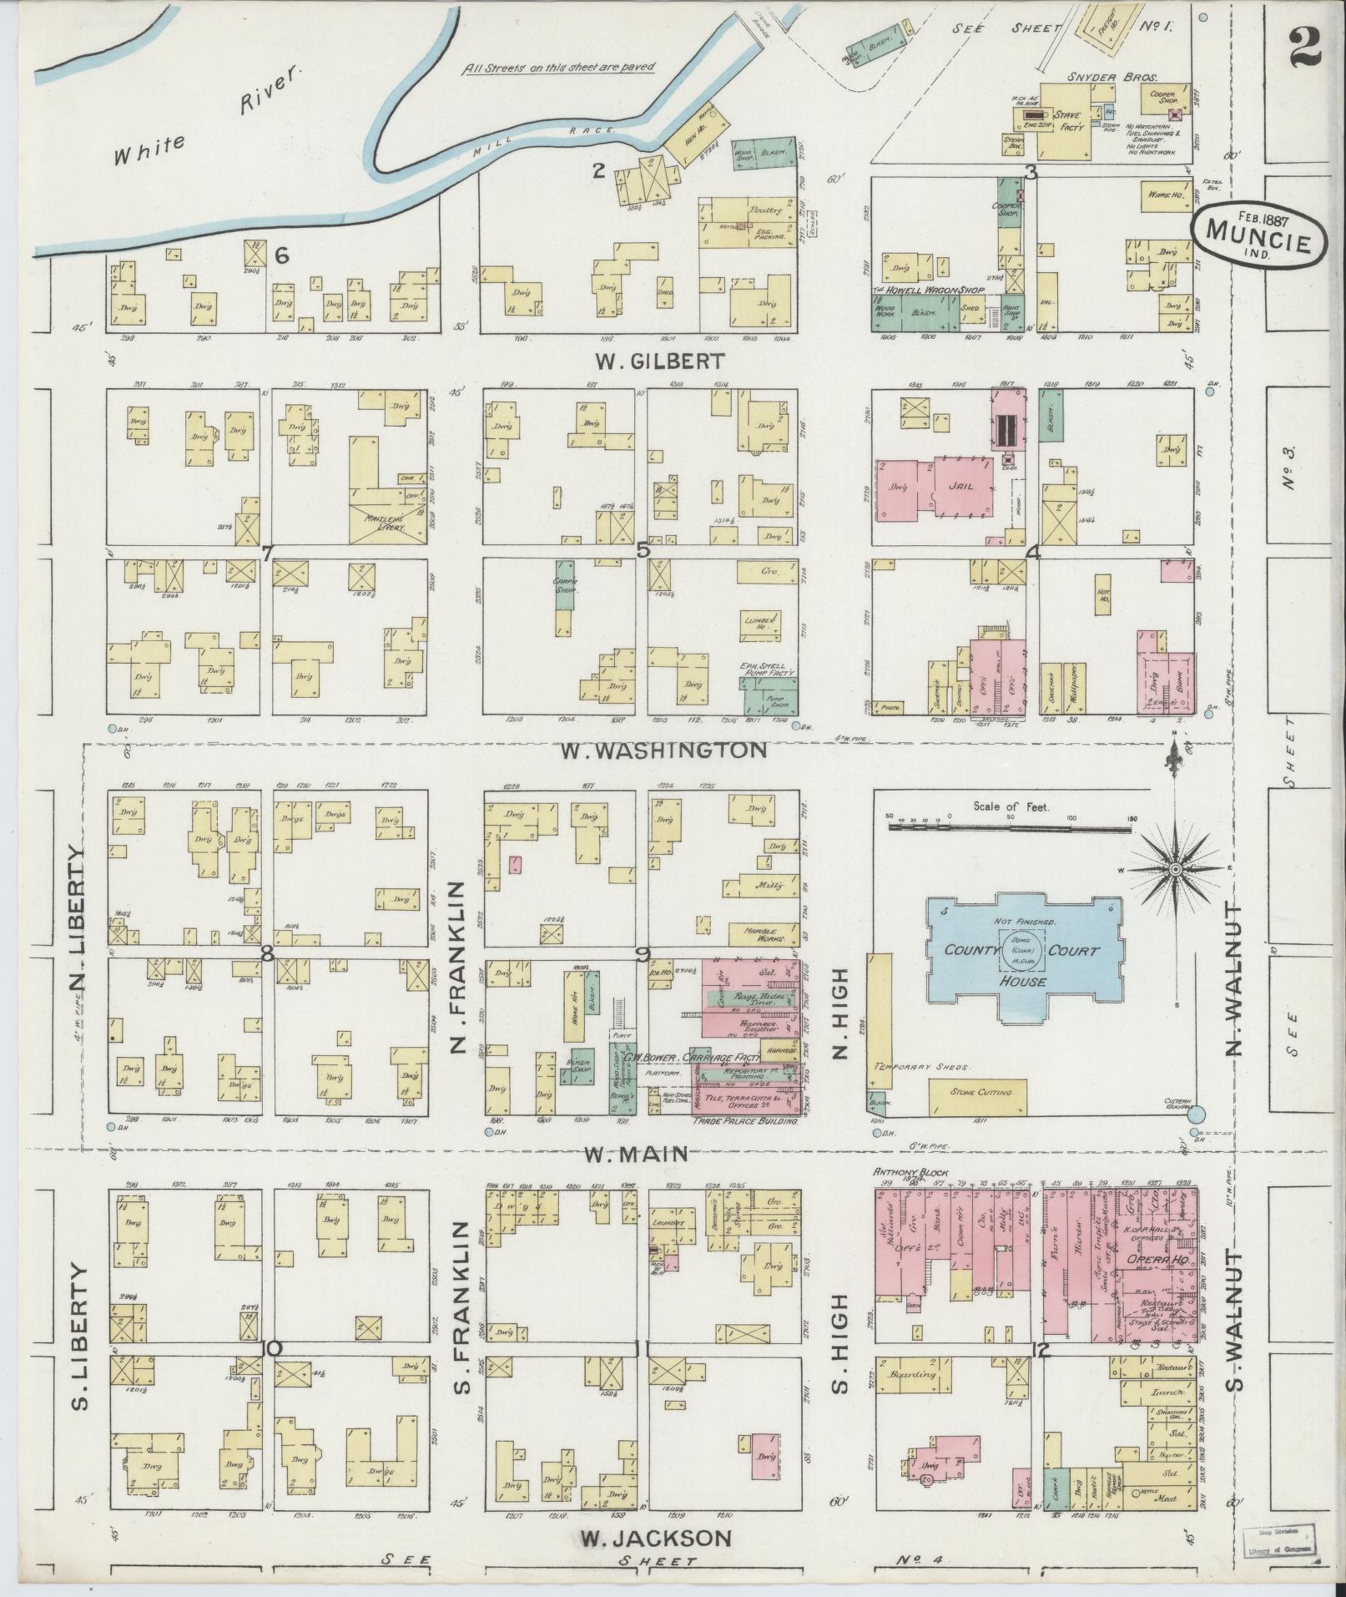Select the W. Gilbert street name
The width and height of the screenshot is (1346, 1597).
(x=643, y=361)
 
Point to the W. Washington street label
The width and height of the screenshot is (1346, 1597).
(x=663, y=750)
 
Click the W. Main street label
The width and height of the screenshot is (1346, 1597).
(x=635, y=1154)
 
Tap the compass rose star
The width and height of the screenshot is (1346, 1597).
(x=1175, y=870)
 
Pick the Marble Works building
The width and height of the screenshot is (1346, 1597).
(x=759, y=932)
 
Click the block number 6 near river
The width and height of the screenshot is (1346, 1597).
(x=282, y=257)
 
